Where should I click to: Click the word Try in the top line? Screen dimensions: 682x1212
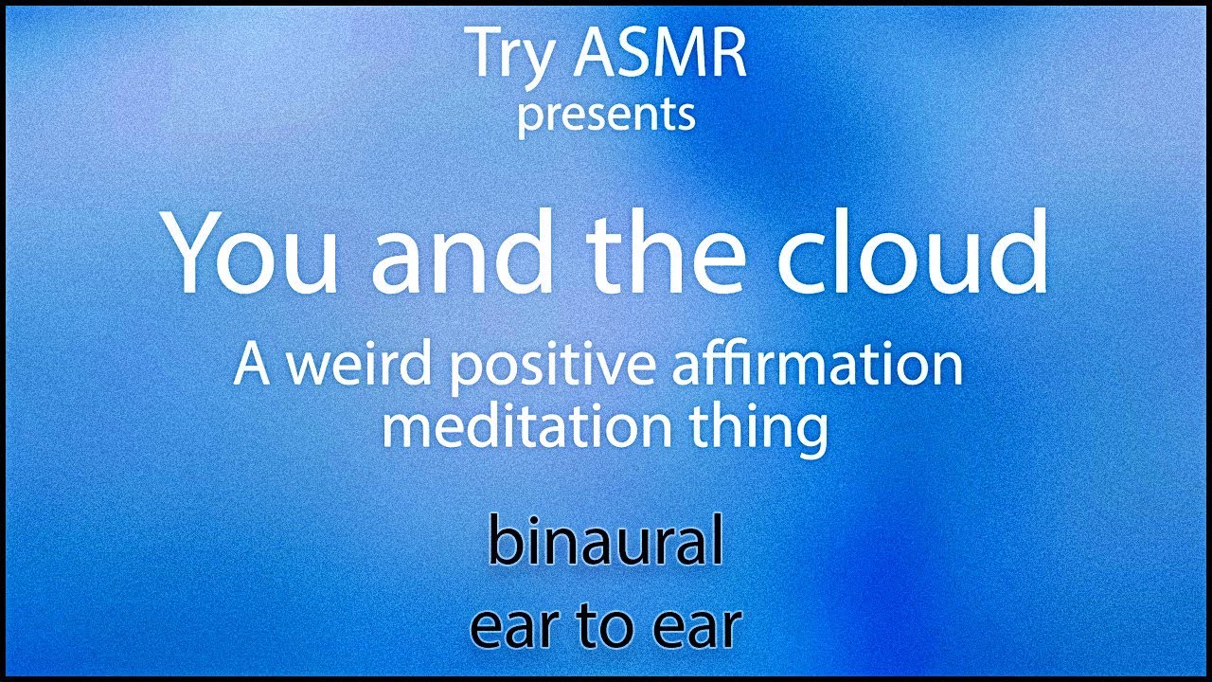509,57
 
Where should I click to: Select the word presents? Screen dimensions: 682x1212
606,116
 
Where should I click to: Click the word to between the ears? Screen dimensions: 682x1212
606,627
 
